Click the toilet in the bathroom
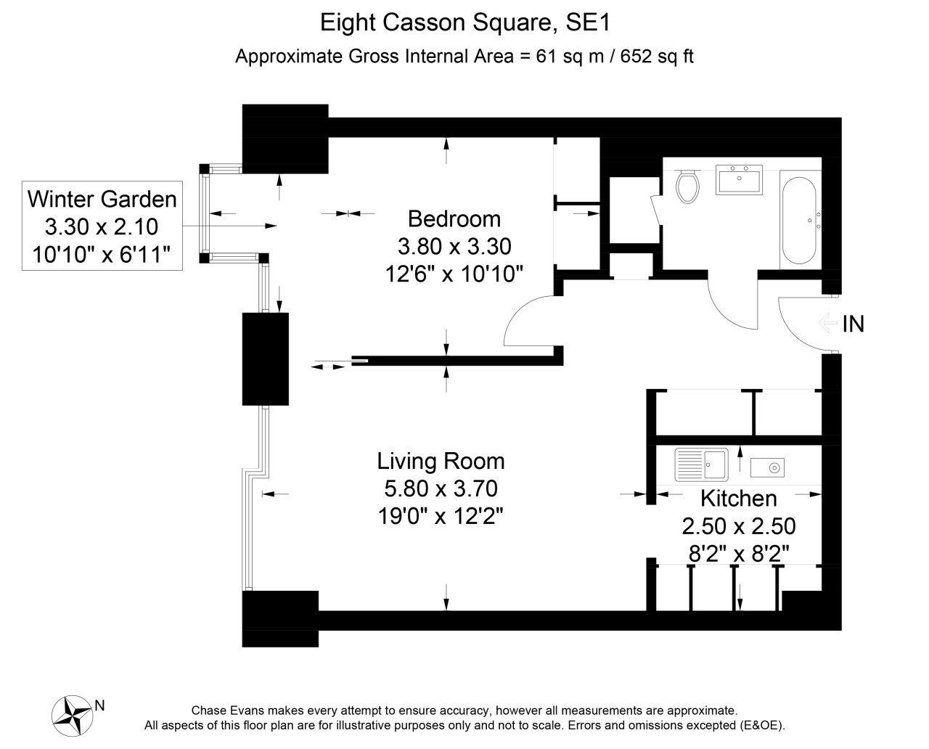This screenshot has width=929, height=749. click(x=687, y=186)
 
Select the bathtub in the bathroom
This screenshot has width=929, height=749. click(x=800, y=220)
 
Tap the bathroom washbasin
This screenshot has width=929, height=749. click(x=739, y=179)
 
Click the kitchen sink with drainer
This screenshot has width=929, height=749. click(x=702, y=464)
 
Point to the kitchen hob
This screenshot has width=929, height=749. click(x=768, y=467)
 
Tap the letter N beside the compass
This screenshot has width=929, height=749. click(x=99, y=705)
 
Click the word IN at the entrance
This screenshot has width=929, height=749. click(x=853, y=324)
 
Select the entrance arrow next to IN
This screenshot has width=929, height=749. click(x=828, y=324)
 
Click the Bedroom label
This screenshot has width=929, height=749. click(x=454, y=219)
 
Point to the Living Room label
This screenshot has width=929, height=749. click(x=441, y=461)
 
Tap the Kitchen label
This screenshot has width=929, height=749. click(x=739, y=499)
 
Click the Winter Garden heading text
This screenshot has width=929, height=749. click(x=102, y=200)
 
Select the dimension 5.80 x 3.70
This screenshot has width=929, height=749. click(x=441, y=488)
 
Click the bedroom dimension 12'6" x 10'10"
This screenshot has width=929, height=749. click(x=454, y=274)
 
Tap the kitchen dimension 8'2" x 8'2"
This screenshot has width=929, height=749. click(x=739, y=554)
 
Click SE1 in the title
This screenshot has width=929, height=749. click(x=588, y=22)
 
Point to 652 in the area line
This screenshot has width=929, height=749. click(x=636, y=57)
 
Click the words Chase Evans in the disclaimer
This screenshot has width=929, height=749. click(x=227, y=711)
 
